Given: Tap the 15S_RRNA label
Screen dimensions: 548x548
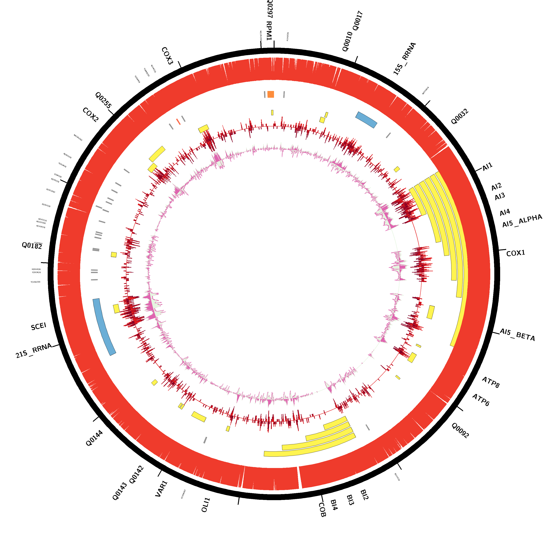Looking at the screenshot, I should point(404,59).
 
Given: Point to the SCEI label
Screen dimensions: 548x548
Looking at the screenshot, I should point(39,326).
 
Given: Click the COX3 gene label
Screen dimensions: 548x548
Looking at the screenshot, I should point(167,56).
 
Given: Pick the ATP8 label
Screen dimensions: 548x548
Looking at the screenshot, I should point(490,382).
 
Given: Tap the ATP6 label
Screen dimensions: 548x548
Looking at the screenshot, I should point(481,400).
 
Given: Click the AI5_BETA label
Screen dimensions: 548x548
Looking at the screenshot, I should point(517,335).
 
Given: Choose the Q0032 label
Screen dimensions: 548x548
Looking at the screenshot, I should point(460,117).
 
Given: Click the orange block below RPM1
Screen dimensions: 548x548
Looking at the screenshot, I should point(271,94).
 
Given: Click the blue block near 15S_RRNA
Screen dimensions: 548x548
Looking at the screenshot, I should point(366,120).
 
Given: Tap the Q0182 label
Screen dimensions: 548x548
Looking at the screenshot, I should point(32,246).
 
